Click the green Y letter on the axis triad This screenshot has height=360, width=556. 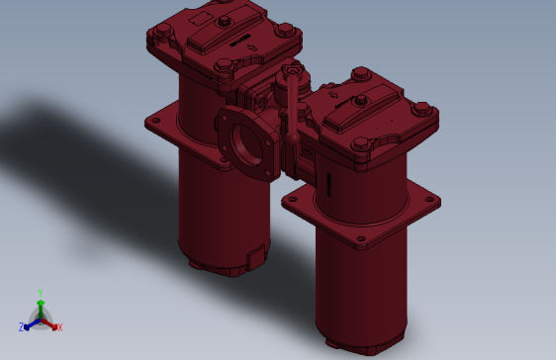click(x=41, y=292)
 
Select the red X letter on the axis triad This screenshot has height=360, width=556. click(x=59, y=326)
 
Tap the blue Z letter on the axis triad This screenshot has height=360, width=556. click(x=21, y=326)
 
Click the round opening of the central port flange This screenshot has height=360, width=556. click(x=243, y=146)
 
